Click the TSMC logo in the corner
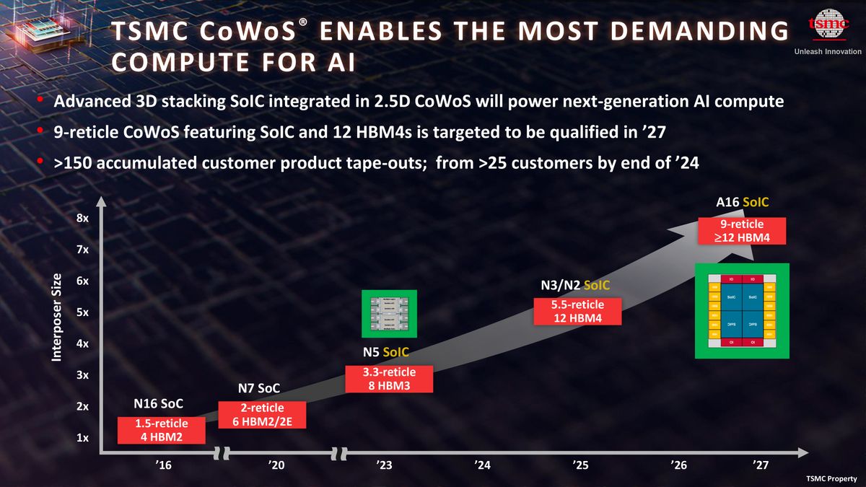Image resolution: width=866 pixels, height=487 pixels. [827, 27]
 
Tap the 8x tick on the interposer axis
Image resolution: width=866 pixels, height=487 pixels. [83, 218]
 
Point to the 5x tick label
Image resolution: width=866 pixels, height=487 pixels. [83, 312]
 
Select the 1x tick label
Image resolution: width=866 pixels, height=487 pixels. [83, 438]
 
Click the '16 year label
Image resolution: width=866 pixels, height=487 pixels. [163, 465]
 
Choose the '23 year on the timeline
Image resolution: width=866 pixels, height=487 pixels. [384, 465]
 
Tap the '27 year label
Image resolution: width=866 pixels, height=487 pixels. [761, 465]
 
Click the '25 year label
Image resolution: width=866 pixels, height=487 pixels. [580, 465]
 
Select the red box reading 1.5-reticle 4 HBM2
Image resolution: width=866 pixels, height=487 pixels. [162, 430]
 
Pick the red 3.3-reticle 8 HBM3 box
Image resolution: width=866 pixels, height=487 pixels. [389, 379]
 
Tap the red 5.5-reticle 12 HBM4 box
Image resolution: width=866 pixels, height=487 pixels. [577, 312]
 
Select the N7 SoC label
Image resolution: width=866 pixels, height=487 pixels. [258, 390]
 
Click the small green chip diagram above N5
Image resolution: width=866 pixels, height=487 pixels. [390, 314]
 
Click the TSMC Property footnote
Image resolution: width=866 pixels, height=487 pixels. [831, 479]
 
